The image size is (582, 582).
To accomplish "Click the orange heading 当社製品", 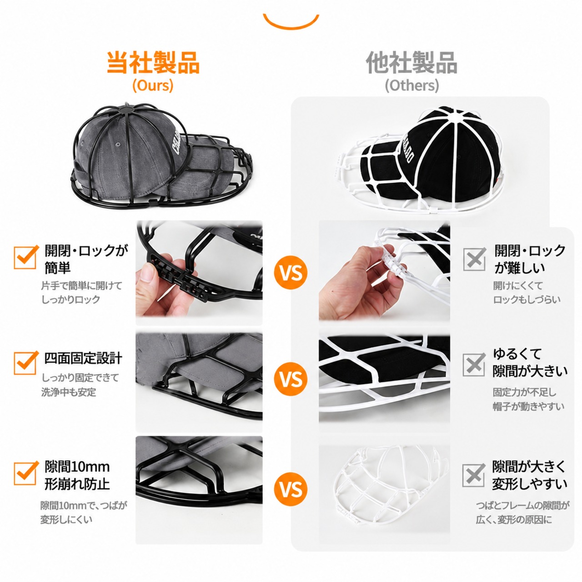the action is (153, 62).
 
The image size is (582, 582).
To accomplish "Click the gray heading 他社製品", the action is (411, 62).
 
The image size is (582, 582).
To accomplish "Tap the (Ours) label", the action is (153, 85).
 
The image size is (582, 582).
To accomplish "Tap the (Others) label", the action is (411, 85).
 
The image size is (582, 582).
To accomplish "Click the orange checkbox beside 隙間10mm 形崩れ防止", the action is (25, 473).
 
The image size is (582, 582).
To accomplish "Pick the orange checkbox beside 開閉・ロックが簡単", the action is (25, 257).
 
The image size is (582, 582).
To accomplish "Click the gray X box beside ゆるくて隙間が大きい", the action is (474, 365).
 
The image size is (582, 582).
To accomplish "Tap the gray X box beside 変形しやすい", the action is (474, 476).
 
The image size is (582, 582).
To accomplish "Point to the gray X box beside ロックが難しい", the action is (475, 259).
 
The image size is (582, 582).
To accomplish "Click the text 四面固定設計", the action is (83, 358).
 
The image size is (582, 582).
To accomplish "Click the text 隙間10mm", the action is (77, 467).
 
